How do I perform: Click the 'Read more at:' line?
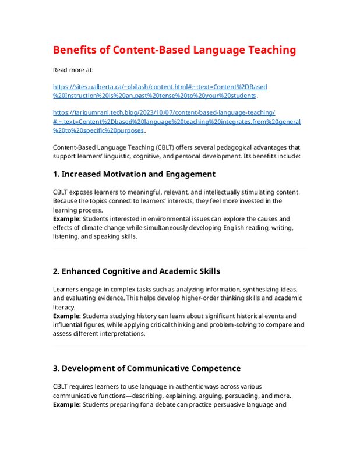73,70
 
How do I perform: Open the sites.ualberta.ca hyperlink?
160,87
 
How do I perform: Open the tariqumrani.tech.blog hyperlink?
164,112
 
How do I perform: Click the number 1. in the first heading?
56,174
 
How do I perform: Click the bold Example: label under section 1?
67,218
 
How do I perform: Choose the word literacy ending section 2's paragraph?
64,307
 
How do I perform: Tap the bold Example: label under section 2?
67,316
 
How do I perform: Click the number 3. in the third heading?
56,368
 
